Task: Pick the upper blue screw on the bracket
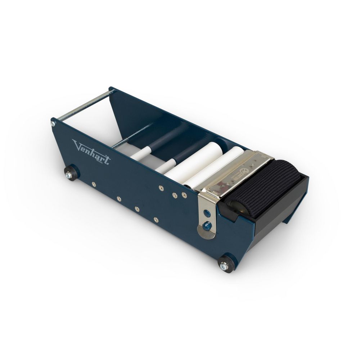tap(207, 213)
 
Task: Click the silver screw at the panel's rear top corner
tap(53, 123)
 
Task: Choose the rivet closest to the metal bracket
tap(184, 195)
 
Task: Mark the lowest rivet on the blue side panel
tap(156, 219)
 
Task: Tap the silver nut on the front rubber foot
tap(224, 266)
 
